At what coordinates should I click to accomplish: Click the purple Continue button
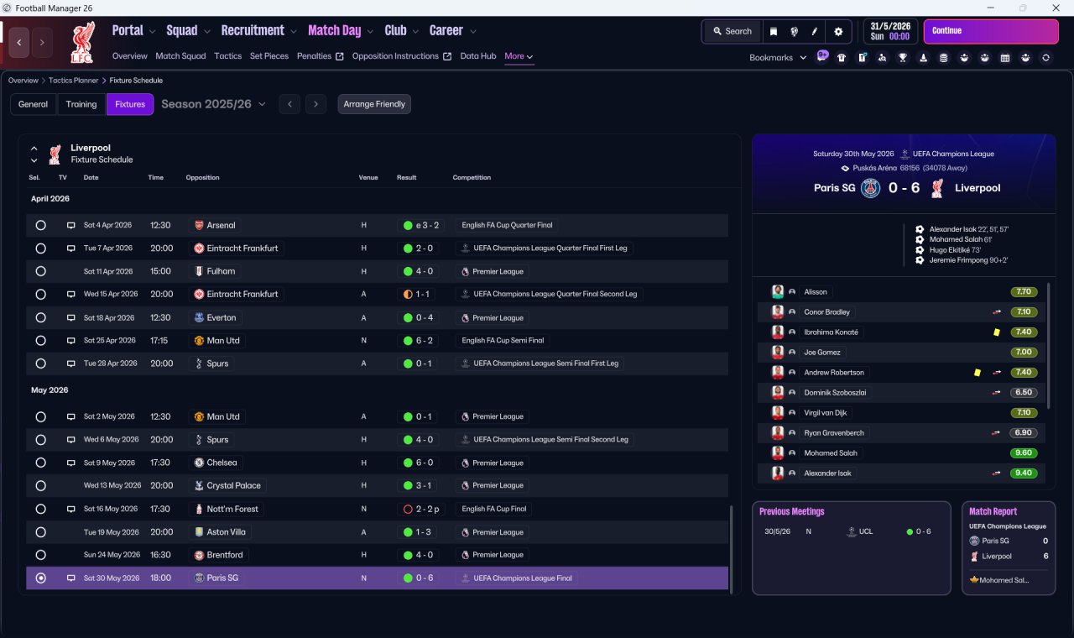point(991,31)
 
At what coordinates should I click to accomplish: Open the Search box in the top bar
point(733,31)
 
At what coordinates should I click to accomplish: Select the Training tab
point(81,104)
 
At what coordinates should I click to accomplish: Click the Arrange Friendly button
point(374,104)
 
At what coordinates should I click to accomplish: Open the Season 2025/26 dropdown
point(213,104)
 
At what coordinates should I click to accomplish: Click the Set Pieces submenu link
point(269,56)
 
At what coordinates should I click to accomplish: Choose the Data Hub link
point(478,56)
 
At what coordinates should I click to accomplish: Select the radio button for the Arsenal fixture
point(41,225)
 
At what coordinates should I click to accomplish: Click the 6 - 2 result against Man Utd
point(419,341)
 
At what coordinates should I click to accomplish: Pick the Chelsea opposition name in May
point(222,463)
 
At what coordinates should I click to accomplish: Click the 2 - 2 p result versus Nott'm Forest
point(421,509)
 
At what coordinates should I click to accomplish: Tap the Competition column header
point(472,177)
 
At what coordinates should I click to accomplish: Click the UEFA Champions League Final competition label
point(522,578)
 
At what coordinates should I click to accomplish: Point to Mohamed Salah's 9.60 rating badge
point(1023,452)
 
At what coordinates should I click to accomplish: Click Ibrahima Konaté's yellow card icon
point(996,332)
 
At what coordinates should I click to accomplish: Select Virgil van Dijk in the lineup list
point(825,412)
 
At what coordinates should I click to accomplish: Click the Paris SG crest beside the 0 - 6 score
point(870,187)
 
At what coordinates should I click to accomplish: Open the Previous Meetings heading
point(791,511)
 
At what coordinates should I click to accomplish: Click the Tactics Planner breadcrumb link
point(73,80)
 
